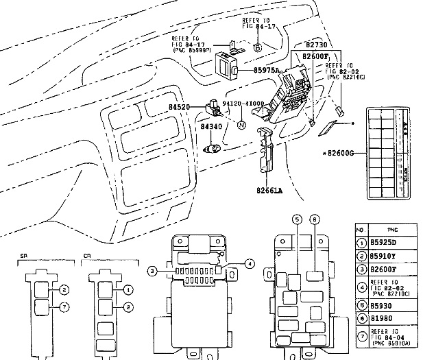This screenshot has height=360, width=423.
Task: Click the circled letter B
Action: pos(257,47)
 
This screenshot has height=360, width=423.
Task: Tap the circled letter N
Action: pos(241,125)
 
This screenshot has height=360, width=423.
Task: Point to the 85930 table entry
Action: pos(384,305)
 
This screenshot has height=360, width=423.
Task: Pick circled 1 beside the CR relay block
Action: pos(128,291)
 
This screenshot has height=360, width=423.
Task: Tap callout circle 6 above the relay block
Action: pos(314,219)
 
